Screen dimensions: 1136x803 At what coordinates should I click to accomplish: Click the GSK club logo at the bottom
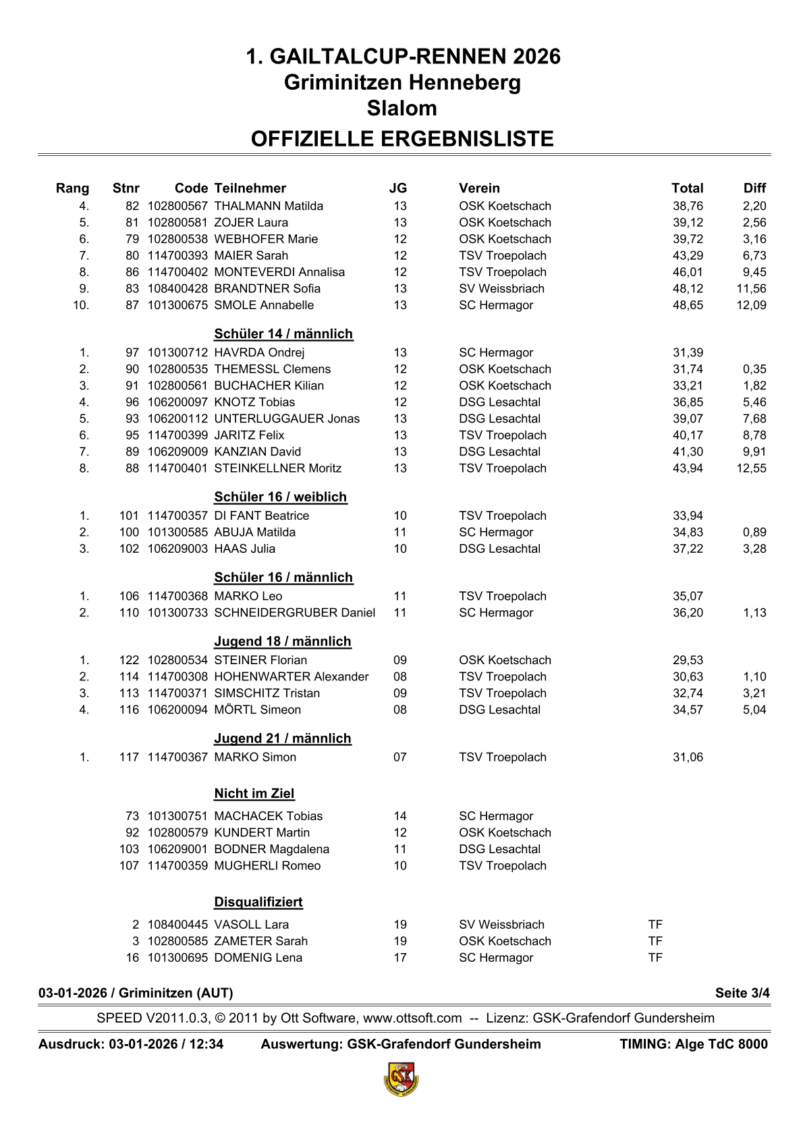tap(401, 1079)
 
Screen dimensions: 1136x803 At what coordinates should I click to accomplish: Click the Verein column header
tap(479, 188)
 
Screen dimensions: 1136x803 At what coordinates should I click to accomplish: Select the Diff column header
tap(754, 188)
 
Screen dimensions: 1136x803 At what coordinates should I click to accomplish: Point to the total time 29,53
tap(688, 660)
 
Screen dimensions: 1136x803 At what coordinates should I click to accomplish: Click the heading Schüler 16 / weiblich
tap(280, 497)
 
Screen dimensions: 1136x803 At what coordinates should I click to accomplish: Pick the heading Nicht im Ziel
tap(254, 793)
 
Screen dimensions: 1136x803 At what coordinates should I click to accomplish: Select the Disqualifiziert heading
tap(258, 902)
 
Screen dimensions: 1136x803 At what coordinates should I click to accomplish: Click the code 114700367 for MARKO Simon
tap(177, 757)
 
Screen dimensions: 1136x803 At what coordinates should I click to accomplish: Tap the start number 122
tap(129, 660)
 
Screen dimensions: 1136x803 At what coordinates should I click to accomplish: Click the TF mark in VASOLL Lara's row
tap(655, 925)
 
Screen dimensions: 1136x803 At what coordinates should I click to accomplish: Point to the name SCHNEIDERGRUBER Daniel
tap(294, 613)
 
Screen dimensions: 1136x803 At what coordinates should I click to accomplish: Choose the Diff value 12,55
tap(751, 468)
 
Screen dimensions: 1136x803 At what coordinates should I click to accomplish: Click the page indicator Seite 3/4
tap(742, 993)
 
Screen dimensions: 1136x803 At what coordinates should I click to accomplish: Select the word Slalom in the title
tap(401, 108)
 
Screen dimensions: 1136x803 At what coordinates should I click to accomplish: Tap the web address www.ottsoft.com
tap(412, 1018)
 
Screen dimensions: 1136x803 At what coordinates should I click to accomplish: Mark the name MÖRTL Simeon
tap(257, 710)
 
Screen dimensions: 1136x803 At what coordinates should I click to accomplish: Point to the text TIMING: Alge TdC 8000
tap(694, 1044)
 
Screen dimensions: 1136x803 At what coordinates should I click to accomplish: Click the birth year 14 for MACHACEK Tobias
tap(400, 816)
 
